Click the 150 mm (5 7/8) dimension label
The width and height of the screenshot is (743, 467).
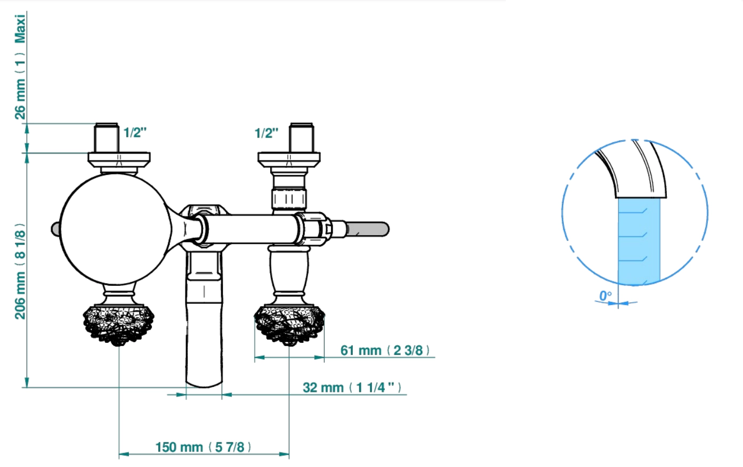click(203, 447)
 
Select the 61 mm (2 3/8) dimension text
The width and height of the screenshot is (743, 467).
click(385, 350)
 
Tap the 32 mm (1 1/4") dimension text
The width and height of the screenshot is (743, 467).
click(352, 388)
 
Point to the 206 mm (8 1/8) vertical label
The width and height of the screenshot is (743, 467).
click(20, 271)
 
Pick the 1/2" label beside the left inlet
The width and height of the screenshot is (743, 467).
click(135, 133)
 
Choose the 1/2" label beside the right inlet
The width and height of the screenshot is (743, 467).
click(266, 133)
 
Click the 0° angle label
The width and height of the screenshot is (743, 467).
click(605, 295)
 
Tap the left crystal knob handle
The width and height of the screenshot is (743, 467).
click(118, 325)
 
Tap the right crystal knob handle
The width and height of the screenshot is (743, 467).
click(289, 325)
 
